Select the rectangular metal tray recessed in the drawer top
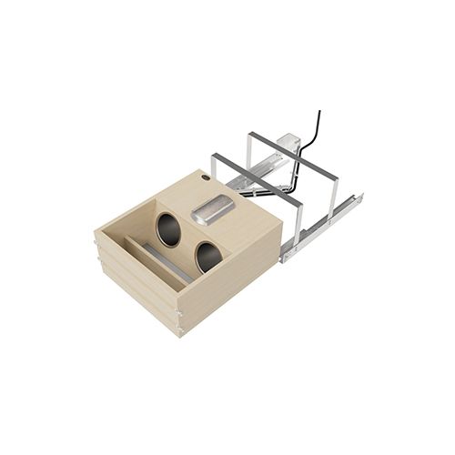tap(213, 210)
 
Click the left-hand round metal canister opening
tap(168, 229)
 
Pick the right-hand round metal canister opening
tap(207, 257)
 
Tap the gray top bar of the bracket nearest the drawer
tap(255, 173)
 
